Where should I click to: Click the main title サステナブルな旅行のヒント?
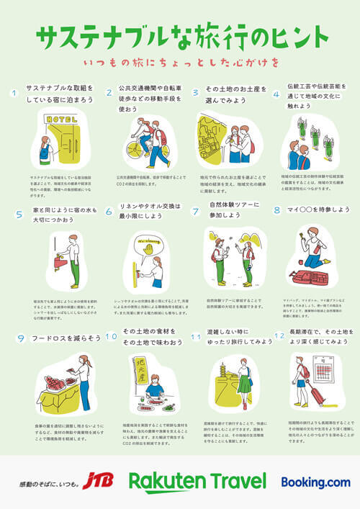(x=179, y=36)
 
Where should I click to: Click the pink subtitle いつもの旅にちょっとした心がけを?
(x=180, y=63)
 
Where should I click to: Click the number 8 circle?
(x=276, y=210)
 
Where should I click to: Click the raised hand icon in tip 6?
(x=148, y=248)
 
